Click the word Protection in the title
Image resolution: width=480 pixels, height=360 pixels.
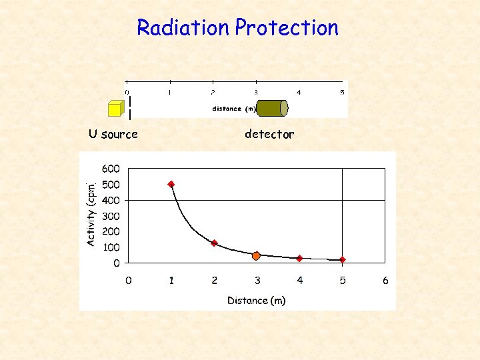287,28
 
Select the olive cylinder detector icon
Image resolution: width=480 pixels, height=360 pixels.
271,108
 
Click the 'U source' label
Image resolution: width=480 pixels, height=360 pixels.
113,134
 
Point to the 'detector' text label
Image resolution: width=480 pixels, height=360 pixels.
269,134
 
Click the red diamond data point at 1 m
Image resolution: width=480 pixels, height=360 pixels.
171,184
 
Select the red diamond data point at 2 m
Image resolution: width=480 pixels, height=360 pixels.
214,243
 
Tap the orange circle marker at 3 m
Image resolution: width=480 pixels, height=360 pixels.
257,255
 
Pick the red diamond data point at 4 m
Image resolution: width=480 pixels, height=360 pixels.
299,258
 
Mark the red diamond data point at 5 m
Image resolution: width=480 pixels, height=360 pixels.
342,260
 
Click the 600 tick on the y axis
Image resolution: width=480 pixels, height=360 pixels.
111,169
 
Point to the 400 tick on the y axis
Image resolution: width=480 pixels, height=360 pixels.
111,200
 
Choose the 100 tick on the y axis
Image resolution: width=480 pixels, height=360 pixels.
111,247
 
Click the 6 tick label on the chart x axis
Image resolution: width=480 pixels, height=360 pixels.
385,281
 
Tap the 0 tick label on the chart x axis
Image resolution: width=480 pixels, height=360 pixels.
129,281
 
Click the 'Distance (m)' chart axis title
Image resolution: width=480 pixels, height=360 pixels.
257,301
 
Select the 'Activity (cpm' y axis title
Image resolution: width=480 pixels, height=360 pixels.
92,212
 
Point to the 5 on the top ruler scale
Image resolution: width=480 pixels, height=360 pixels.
342,92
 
